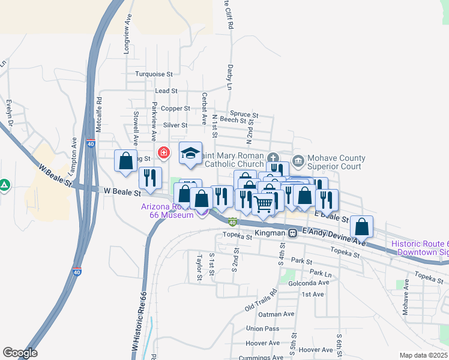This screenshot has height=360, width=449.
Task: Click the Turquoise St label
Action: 154,74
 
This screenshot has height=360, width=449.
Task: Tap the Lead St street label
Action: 166,91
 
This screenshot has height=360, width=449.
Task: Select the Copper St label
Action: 175,109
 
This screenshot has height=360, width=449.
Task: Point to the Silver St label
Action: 176,125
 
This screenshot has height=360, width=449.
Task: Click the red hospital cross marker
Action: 163,154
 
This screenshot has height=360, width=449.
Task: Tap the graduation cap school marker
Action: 190,154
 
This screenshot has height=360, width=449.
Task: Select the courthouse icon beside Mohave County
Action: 298,160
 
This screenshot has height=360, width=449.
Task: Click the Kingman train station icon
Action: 292,233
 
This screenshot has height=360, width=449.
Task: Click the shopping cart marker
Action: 263,205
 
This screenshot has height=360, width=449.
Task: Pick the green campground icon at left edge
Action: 4,184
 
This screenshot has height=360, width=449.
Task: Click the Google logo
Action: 20,353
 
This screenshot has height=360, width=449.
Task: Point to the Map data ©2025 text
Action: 423,355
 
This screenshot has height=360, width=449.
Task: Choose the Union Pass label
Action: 262,329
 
